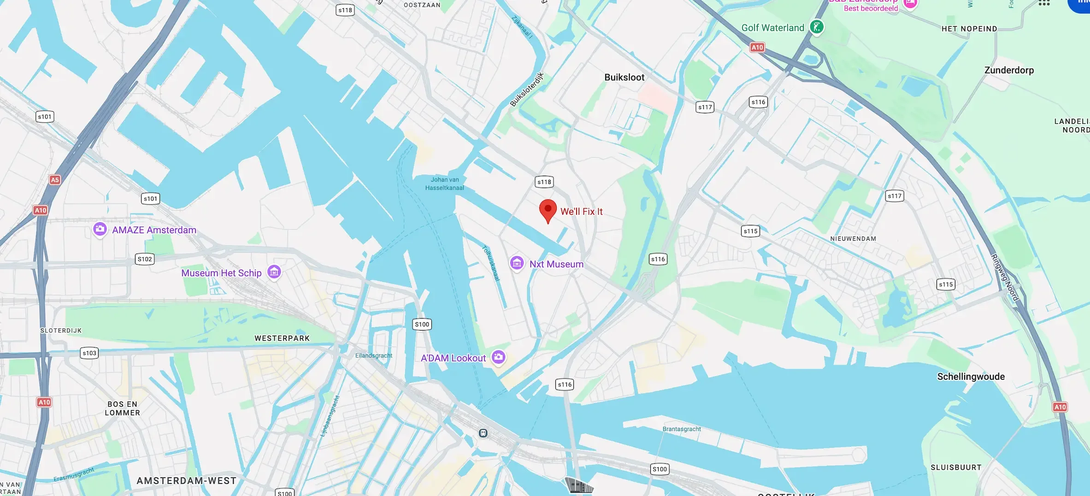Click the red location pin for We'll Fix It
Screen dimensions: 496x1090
tap(548, 210)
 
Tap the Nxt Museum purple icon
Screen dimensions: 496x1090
tap(517, 263)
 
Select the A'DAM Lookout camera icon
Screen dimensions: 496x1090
tap(498, 357)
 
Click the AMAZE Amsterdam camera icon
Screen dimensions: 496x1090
tap(100, 229)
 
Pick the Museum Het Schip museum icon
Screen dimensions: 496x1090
tap(274, 272)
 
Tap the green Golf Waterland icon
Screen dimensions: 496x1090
tap(817, 27)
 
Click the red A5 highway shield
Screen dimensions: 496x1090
tap(55, 180)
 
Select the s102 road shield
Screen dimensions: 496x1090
tap(145, 259)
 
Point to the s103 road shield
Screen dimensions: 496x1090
tap(89, 353)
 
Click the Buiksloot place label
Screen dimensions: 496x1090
tap(624, 77)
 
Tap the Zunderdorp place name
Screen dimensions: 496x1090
tap(1009, 70)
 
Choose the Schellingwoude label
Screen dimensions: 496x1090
tap(971, 377)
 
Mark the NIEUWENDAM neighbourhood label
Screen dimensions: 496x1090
tap(853, 239)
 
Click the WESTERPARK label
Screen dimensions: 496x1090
tap(282, 338)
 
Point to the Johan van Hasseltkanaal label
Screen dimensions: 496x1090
tap(445, 183)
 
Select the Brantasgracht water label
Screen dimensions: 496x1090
tap(681, 429)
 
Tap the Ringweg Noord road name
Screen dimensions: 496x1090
tap(1005, 277)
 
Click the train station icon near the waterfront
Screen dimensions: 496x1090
tap(483, 433)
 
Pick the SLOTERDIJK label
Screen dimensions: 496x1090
tap(61, 331)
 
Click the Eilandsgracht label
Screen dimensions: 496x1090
tap(374, 356)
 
